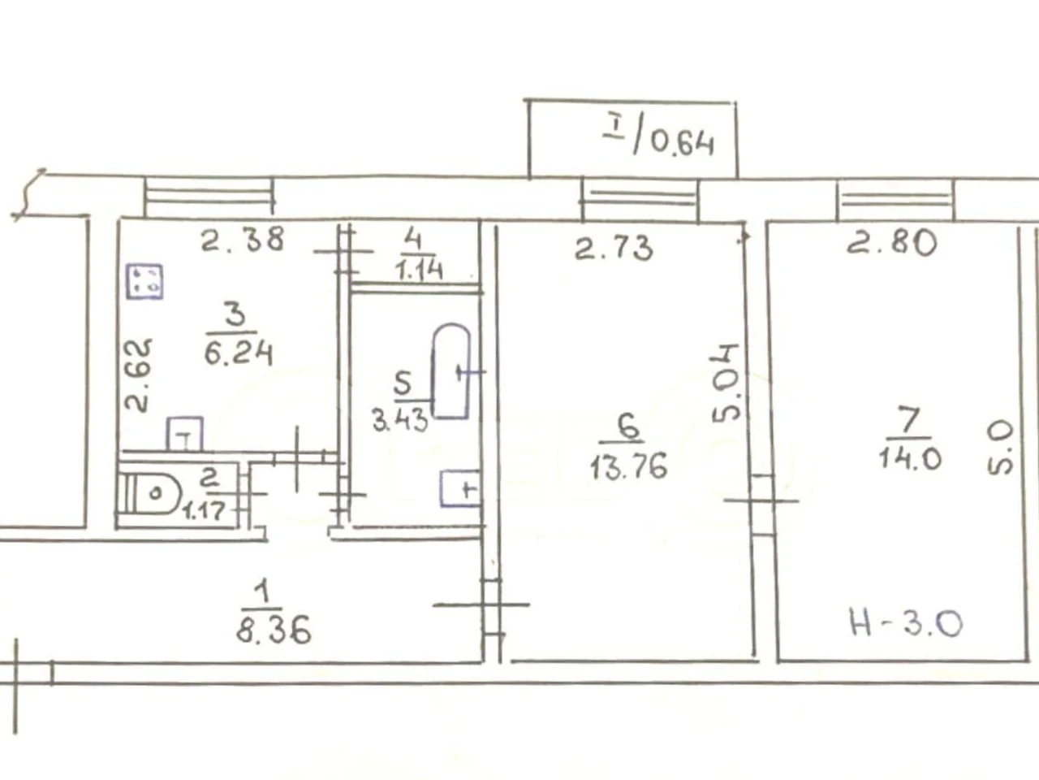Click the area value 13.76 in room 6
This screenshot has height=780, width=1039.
pyautogui.click(x=629, y=466)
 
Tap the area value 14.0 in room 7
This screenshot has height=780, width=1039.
pyautogui.click(x=910, y=458)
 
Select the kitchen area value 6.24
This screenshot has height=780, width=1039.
pyautogui.click(x=238, y=353)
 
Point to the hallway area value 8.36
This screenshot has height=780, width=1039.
pyautogui.click(x=274, y=629)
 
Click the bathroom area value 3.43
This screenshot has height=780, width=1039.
pyautogui.click(x=400, y=420)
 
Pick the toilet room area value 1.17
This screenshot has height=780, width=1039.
pyautogui.click(x=205, y=511)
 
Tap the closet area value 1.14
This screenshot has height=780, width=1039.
pyautogui.click(x=420, y=271)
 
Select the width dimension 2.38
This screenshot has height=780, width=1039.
pyautogui.click(x=243, y=239)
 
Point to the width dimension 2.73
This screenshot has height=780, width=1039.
pyautogui.click(x=614, y=248)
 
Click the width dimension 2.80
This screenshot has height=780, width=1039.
pyautogui.click(x=892, y=243)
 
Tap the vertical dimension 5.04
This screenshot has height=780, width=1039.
pyautogui.click(x=725, y=383)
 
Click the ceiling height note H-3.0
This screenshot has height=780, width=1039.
pyautogui.click(x=907, y=623)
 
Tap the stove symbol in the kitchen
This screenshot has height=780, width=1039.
pyautogui.click(x=144, y=282)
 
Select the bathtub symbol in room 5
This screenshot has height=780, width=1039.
pyautogui.click(x=451, y=370)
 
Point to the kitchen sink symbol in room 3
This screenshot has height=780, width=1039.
pyautogui.click(x=184, y=434)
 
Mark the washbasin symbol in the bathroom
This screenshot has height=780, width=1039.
pyautogui.click(x=460, y=488)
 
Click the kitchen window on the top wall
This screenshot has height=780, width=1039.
pyautogui.click(x=209, y=197)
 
